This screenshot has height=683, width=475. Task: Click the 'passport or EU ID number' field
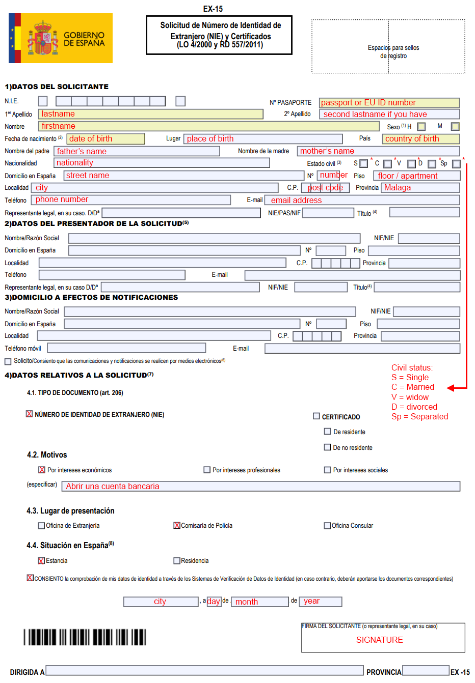point(389,103)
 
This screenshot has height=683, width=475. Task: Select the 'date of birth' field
point(106,139)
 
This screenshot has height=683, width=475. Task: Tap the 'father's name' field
point(137,151)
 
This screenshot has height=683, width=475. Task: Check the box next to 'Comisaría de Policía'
point(177,526)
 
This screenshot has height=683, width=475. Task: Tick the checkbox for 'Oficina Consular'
point(327,526)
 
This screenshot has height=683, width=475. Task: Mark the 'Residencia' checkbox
point(177,561)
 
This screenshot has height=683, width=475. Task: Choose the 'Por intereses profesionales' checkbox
point(207,470)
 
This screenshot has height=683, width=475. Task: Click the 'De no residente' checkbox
point(328,447)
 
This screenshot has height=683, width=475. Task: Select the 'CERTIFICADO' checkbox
point(316,416)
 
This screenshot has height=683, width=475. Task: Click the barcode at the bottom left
point(85,637)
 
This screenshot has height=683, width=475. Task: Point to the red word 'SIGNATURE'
point(379,640)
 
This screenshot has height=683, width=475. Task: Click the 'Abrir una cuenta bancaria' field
point(260,487)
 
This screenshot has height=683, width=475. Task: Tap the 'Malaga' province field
point(420,188)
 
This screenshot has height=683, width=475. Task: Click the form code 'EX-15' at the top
point(213,9)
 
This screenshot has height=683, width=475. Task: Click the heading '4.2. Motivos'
point(47,455)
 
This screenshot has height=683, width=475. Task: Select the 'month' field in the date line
point(260,602)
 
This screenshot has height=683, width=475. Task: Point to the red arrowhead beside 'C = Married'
point(451,388)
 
